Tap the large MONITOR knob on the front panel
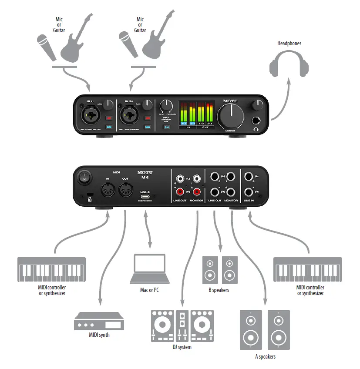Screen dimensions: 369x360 click(x=231, y=115)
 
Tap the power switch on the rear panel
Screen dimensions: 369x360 click(x=83, y=178)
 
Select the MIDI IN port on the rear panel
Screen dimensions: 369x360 click(x=107, y=190)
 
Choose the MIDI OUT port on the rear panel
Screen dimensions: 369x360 click(x=126, y=190)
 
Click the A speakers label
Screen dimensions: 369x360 click(x=265, y=357)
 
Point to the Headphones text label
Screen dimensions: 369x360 click(x=289, y=43)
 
